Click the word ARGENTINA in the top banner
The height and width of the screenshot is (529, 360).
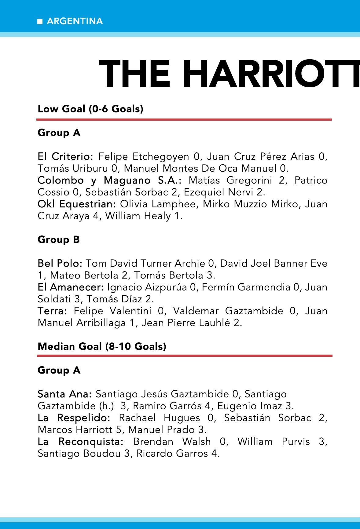(75, 21)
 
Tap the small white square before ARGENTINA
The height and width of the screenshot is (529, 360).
(40, 21)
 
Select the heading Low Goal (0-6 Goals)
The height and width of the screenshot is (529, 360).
(90, 109)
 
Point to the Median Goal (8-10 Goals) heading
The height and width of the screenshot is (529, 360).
(102, 346)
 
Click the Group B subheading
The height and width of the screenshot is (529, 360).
(58, 240)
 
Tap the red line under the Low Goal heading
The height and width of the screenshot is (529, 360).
(184, 119)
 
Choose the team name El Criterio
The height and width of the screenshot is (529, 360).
(65, 156)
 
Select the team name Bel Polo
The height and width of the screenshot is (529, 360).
(60, 263)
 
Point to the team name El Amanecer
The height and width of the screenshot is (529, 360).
(71, 287)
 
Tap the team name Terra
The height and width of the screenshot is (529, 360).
(52, 311)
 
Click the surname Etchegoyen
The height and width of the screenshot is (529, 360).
(161, 157)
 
